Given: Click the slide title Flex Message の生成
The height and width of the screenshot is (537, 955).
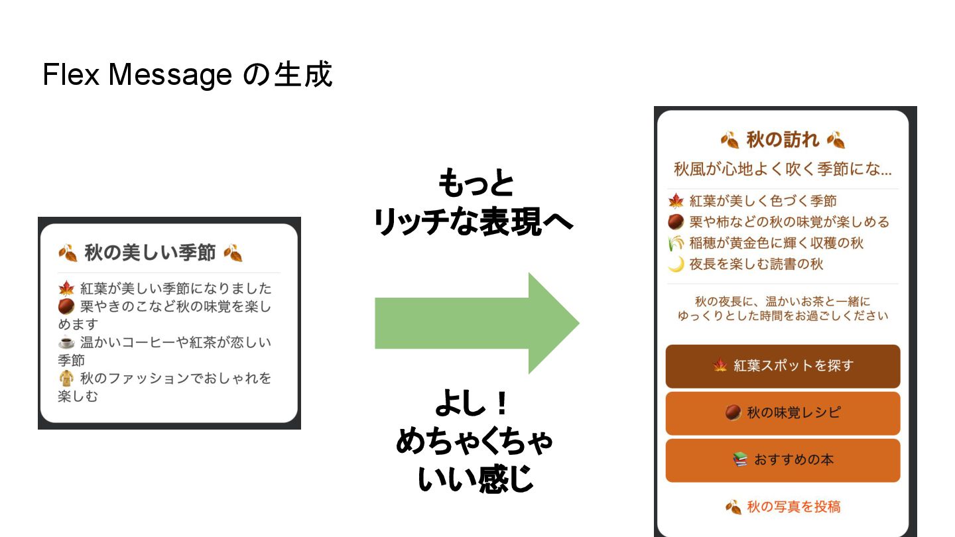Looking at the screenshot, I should point(187,75).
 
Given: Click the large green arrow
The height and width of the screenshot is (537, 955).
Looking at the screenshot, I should point(476,323).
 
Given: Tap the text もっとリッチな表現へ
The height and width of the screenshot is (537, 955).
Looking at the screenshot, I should point(474,203).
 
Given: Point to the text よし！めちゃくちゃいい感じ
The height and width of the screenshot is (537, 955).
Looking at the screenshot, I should point(474,441).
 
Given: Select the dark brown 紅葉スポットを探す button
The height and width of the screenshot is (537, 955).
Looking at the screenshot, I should point(783,366).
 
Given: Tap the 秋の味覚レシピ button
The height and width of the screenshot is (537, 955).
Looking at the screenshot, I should point(783,413).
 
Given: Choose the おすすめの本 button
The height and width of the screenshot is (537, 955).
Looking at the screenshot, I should point(783,460).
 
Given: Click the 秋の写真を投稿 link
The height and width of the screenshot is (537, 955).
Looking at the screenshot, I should point(783,507).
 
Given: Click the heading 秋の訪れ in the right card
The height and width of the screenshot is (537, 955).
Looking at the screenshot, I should point(783,140).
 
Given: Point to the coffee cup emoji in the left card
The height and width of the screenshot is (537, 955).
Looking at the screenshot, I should point(66,343).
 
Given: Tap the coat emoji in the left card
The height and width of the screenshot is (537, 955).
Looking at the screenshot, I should point(66,379).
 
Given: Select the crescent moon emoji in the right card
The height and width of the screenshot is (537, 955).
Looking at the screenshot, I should point(676,265).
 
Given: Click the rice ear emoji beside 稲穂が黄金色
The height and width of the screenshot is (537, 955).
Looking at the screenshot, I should point(676,243).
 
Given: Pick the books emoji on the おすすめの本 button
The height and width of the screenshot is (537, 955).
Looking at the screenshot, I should point(740,460).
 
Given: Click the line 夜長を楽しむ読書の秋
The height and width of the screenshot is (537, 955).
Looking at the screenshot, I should point(756,265).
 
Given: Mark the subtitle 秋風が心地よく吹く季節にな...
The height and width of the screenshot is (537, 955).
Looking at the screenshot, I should point(783,169).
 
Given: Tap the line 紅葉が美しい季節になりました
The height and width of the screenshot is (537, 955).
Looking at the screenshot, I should point(176,289).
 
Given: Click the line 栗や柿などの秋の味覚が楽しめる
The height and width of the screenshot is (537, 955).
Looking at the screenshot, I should point(789,222).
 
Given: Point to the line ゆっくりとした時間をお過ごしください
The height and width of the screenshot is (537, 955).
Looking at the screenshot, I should point(783,316).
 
